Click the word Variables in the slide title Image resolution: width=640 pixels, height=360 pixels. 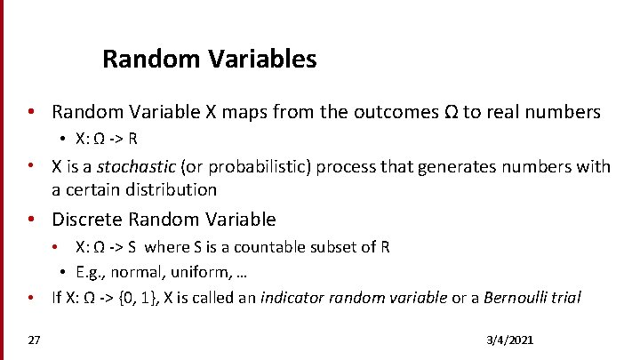(x=264, y=60)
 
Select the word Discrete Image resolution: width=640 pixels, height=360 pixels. (x=86, y=220)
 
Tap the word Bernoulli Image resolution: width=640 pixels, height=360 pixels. (x=517, y=298)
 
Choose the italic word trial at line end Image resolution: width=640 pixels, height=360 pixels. (x=566, y=298)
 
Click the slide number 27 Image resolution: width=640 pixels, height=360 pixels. (x=34, y=340)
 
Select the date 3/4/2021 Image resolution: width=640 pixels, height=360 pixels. (x=509, y=341)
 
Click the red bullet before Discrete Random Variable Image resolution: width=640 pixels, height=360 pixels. (x=31, y=220)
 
